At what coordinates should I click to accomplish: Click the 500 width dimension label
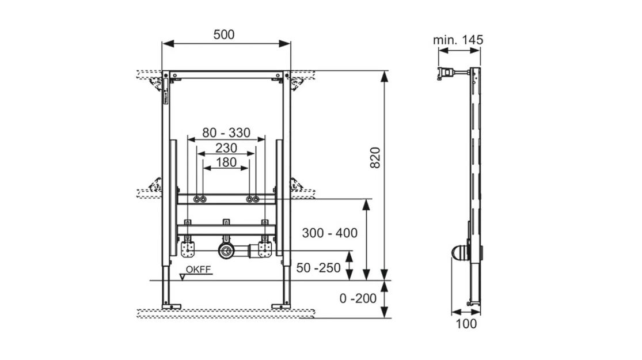(x=224, y=35)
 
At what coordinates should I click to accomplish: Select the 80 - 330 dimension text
(x=226, y=133)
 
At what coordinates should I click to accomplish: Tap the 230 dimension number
(x=226, y=147)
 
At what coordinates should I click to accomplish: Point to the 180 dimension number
(x=226, y=162)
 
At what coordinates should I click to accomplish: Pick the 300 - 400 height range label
(x=330, y=233)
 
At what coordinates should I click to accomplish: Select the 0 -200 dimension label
(x=358, y=298)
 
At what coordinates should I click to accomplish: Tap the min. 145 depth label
(x=458, y=40)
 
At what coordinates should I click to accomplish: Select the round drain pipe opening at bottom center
(x=225, y=250)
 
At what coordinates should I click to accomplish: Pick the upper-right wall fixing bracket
(x=297, y=84)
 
